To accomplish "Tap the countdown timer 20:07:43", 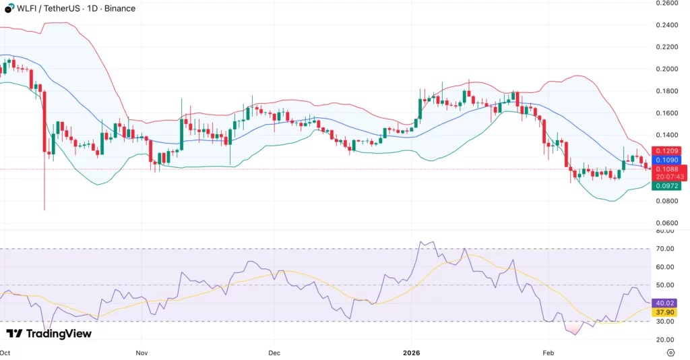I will (670, 177).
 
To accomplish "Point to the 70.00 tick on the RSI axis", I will (666, 249).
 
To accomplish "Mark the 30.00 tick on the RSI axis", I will (666, 322).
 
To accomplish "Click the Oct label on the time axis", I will (5, 353).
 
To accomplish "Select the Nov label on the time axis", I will (142, 353).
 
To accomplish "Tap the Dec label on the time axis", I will (274, 353).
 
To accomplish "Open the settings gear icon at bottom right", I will (670, 353).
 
